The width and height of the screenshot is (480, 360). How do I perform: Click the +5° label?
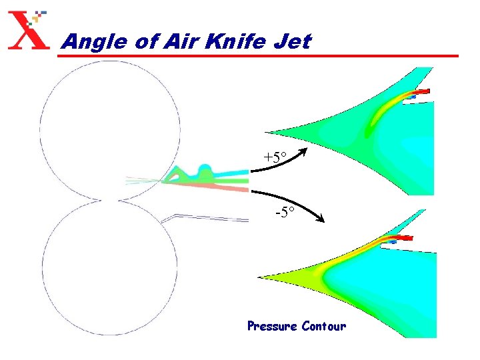274,158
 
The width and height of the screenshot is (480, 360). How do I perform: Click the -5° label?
286,214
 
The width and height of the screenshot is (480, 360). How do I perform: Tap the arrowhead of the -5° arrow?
321,220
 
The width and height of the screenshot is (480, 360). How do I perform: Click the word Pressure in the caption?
271,326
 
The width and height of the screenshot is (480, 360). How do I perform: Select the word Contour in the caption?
323,326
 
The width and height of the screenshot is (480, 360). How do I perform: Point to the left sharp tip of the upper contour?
266,132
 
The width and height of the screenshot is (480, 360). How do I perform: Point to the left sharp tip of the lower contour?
260,277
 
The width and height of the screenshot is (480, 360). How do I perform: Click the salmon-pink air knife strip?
213,187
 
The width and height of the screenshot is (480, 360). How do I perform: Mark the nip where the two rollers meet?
110,199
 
